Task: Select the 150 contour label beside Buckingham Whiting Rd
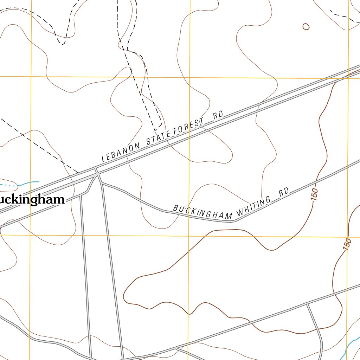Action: (314, 194)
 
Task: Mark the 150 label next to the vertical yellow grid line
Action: (347, 244)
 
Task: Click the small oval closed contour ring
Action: (306, 26)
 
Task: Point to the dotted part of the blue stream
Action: (9, 184)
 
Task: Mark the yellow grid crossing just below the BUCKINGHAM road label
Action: (189, 236)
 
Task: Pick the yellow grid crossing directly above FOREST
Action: (190, 77)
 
